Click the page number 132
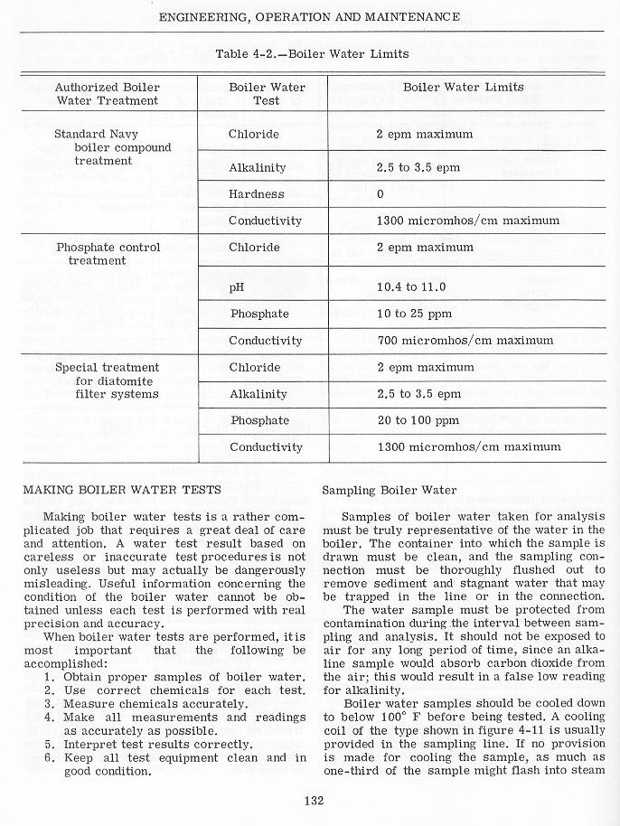[310, 799]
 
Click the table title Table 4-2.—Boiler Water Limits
[312, 54]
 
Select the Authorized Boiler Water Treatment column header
[107, 94]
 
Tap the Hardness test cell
[256, 194]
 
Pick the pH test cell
[238, 287]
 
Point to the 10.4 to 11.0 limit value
[412, 287]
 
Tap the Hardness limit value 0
[380, 194]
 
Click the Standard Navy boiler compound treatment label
[109, 147]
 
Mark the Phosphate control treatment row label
[108, 254]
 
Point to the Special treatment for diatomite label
[107, 380]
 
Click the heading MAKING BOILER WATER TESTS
[121, 491]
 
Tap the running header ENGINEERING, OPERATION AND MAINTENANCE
[310, 17]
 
